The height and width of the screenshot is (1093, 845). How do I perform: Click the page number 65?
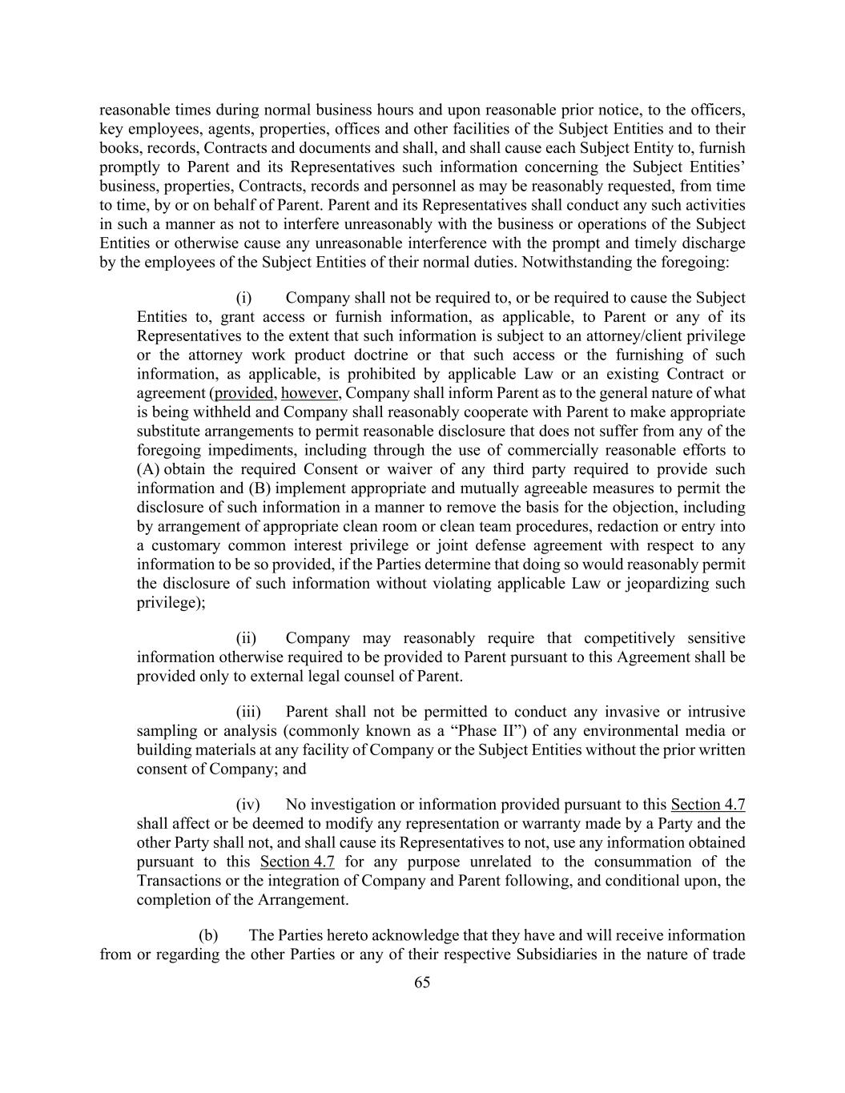422,982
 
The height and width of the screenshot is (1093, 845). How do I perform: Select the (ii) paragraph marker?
246,638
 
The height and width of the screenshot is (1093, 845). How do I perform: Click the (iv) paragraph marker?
247,805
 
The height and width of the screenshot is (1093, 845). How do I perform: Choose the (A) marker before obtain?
149,469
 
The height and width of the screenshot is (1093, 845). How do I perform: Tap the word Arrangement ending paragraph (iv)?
304,899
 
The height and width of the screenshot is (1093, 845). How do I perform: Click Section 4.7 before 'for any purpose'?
297,862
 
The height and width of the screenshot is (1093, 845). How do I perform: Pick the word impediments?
243,451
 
